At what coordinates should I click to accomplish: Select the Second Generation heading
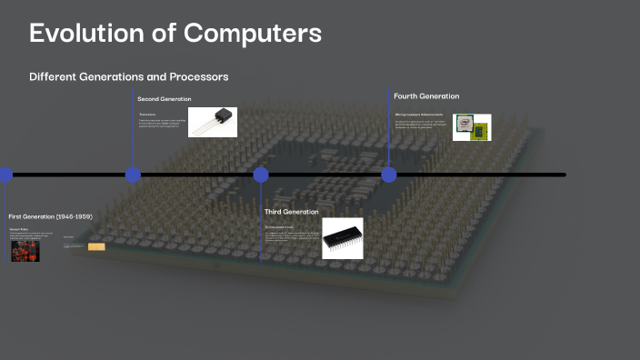(165, 98)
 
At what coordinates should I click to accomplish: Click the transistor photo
(213, 122)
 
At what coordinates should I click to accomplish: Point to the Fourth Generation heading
(426, 95)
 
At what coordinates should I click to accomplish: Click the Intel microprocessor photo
(471, 127)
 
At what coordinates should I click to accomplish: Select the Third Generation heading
(292, 212)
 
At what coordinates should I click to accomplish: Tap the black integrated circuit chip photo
(342, 238)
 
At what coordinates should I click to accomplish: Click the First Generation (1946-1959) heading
(50, 216)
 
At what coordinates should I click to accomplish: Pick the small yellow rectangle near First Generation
(96, 246)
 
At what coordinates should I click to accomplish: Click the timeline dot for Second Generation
(133, 175)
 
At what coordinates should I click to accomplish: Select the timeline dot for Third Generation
(261, 175)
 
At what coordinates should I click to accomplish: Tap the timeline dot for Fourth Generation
(389, 175)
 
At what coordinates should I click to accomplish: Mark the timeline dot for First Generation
(5, 175)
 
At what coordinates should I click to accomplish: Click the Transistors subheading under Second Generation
(147, 115)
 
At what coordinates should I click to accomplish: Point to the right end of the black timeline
(563, 175)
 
